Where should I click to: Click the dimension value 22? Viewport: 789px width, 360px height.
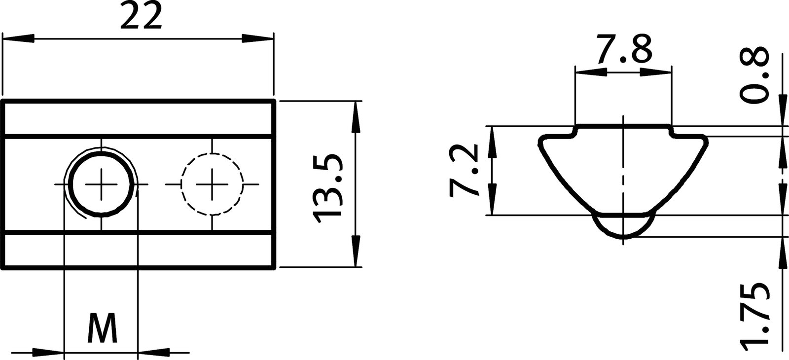pyautogui.click(x=141, y=19)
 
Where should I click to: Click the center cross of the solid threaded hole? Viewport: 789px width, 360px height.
pyautogui.click(x=102, y=184)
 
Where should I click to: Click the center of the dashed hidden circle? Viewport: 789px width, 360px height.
pyautogui.click(x=212, y=184)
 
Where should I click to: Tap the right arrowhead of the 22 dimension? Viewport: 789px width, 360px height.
pyautogui.click(x=257, y=39)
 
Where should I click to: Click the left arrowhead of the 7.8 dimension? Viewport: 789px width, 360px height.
pyautogui.click(x=591, y=72)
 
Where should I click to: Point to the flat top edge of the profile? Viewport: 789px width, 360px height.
pyautogui.click(x=623, y=125)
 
